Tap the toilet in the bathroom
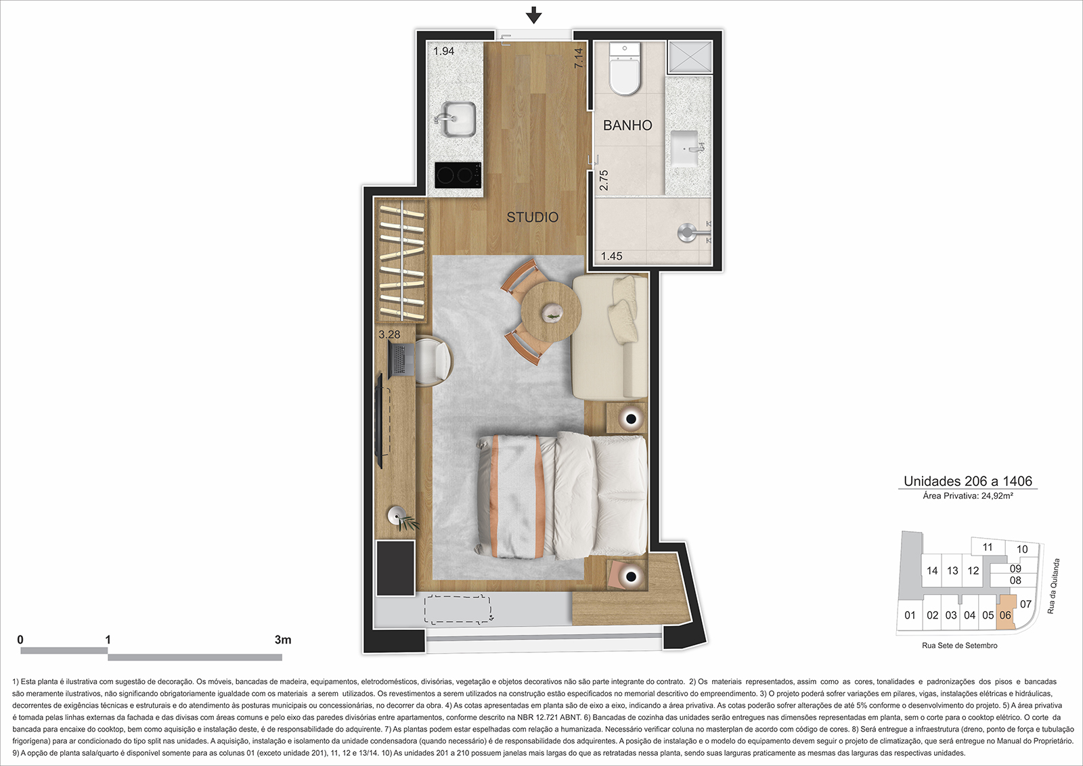pyautogui.click(x=625, y=68)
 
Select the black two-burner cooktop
pyautogui.click(x=458, y=175)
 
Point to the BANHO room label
pyautogui.click(x=627, y=126)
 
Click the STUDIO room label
pyautogui.click(x=532, y=217)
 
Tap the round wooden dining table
pyautogui.click(x=551, y=312)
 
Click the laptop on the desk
pyautogui.click(x=401, y=359)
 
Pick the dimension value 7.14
pyautogui.click(x=578, y=58)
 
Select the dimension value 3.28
pyautogui.click(x=389, y=334)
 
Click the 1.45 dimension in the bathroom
pyautogui.click(x=612, y=256)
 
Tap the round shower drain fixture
pyautogui.click(x=686, y=232)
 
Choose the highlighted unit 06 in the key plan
pyautogui.click(x=1005, y=615)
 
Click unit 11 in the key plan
pyautogui.click(x=988, y=547)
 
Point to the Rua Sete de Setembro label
pyautogui.click(x=960, y=646)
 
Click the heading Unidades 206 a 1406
pyautogui.click(x=968, y=481)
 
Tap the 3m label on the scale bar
pyautogui.click(x=283, y=640)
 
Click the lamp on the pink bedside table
pyautogui.click(x=630, y=576)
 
